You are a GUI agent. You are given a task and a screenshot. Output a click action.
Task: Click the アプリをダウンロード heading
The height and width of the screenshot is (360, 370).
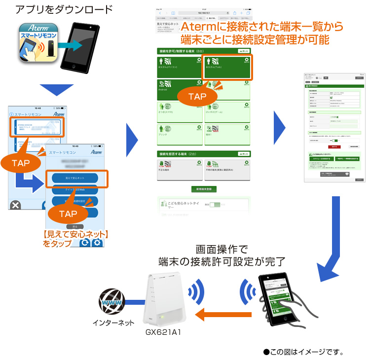click(64, 9)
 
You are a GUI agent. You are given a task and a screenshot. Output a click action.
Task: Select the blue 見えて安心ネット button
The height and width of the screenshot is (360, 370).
click(76, 178)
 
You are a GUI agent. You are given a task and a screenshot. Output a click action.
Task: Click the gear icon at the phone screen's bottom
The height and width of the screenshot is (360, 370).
click(97, 242)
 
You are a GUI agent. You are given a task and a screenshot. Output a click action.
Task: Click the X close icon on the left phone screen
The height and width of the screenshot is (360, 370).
click(16, 205)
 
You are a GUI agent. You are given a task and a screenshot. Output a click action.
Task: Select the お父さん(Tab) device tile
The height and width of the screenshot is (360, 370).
click(227, 67)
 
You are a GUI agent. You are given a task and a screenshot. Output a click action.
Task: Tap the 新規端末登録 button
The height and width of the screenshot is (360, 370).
click(204, 189)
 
